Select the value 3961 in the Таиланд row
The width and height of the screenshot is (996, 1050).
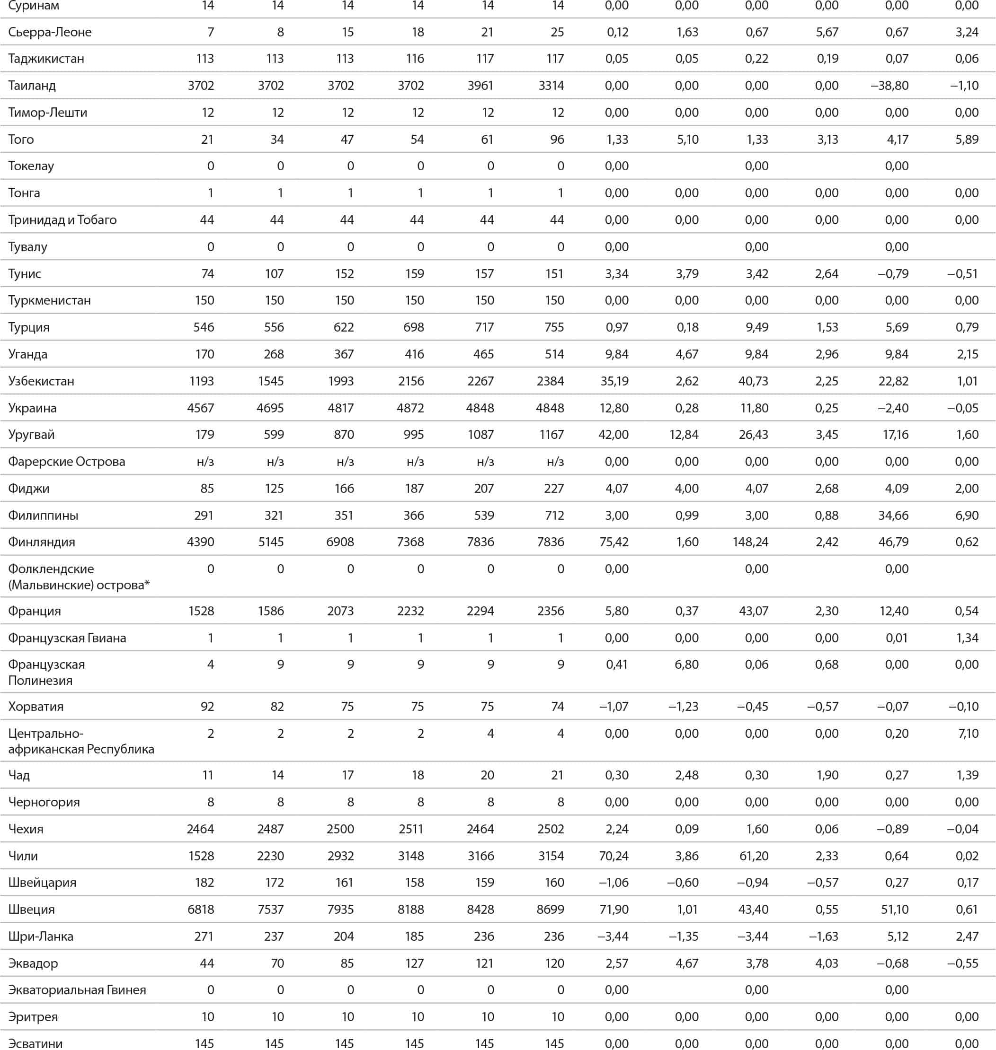pos(480,86)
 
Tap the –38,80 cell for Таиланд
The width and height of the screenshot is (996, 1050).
pos(890,86)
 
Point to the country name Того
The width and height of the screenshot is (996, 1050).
pos(21,140)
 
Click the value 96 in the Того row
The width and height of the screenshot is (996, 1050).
pos(557,140)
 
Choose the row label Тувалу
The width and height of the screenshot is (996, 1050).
pos(27,247)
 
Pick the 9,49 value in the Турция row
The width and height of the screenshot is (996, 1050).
pos(756,327)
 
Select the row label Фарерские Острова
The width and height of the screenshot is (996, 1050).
pos(66,462)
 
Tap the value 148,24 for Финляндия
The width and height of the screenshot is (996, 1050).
pos(750,542)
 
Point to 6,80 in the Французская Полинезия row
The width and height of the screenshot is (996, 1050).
pos(686,664)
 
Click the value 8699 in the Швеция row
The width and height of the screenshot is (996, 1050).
pos(550,910)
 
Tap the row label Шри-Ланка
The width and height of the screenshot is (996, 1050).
pos(41,936)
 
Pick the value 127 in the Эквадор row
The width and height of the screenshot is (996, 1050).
pos(414,963)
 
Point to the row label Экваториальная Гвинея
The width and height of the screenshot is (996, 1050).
pos(77,990)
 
